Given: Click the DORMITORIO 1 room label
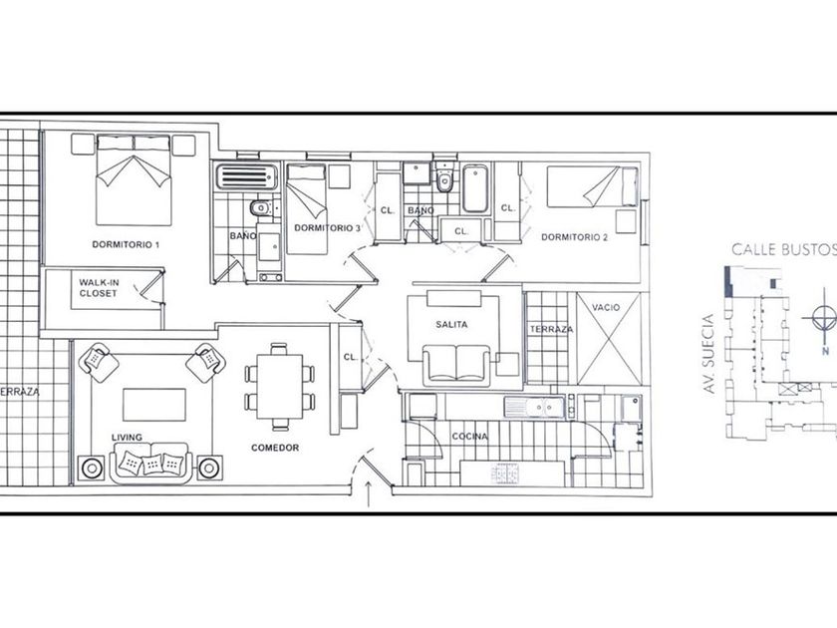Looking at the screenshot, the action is (x=126, y=244).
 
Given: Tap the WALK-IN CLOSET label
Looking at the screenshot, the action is (x=99, y=288).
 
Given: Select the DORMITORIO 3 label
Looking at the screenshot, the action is (x=327, y=228).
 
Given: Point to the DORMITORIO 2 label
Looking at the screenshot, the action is (x=574, y=237).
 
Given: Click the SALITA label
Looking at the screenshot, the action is (x=451, y=324).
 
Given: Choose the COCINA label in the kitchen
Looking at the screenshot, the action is (x=469, y=437).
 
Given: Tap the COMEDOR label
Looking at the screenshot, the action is (x=275, y=448).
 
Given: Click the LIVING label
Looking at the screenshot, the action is (x=127, y=438).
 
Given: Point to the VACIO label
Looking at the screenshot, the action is (x=606, y=307).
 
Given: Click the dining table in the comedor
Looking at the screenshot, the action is (x=280, y=386).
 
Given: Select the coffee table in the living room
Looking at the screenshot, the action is (x=154, y=405).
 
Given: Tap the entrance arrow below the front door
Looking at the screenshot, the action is (x=369, y=493).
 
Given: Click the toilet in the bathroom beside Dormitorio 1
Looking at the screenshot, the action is (x=261, y=207).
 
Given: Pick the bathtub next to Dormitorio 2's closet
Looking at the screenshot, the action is (x=475, y=188).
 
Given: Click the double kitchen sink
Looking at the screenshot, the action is (x=534, y=408).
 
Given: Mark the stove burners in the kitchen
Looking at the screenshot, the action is (x=505, y=474).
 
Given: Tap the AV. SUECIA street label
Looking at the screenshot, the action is (x=708, y=354).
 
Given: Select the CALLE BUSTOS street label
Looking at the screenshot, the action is (x=783, y=249).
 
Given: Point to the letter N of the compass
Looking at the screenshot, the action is (x=825, y=351).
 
